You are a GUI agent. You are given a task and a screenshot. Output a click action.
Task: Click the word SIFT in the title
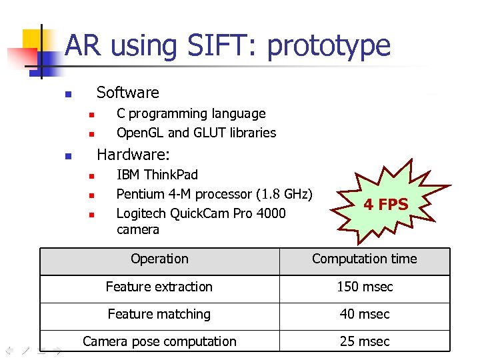pyautogui.click(x=223, y=45)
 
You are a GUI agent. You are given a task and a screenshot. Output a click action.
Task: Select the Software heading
pyautogui.click(x=128, y=93)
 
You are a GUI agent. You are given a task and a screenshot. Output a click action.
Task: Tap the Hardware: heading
pyautogui.click(x=133, y=155)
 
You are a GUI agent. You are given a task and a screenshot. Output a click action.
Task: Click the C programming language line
pyautogui.click(x=191, y=114)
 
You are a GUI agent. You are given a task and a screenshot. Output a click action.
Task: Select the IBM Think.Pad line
pyautogui.click(x=157, y=175)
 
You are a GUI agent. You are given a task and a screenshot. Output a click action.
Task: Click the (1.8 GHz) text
pyautogui.click(x=285, y=194)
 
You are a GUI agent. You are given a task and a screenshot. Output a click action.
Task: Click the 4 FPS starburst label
pyautogui.click(x=385, y=205)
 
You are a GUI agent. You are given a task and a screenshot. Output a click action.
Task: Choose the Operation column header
pyautogui.click(x=159, y=259)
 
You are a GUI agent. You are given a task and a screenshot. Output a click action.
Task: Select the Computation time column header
pyautogui.click(x=364, y=259)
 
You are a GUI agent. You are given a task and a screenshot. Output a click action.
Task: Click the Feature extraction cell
pyautogui.click(x=159, y=287)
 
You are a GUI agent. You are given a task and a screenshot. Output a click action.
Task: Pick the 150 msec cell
pyautogui.click(x=365, y=287)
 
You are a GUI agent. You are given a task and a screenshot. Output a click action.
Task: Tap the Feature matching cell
pyautogui.click(x=159, y=314)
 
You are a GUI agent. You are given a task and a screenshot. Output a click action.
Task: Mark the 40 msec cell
pyautogui.click(x=365, y=314)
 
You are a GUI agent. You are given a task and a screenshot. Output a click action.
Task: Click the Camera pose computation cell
pyautogui.click(x=159, y=341)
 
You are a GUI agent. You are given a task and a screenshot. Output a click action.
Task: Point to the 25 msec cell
pyautogui.click(x=365, y=341)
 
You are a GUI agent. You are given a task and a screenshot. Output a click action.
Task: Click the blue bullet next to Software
pyautogui.click(x=67, y=95)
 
